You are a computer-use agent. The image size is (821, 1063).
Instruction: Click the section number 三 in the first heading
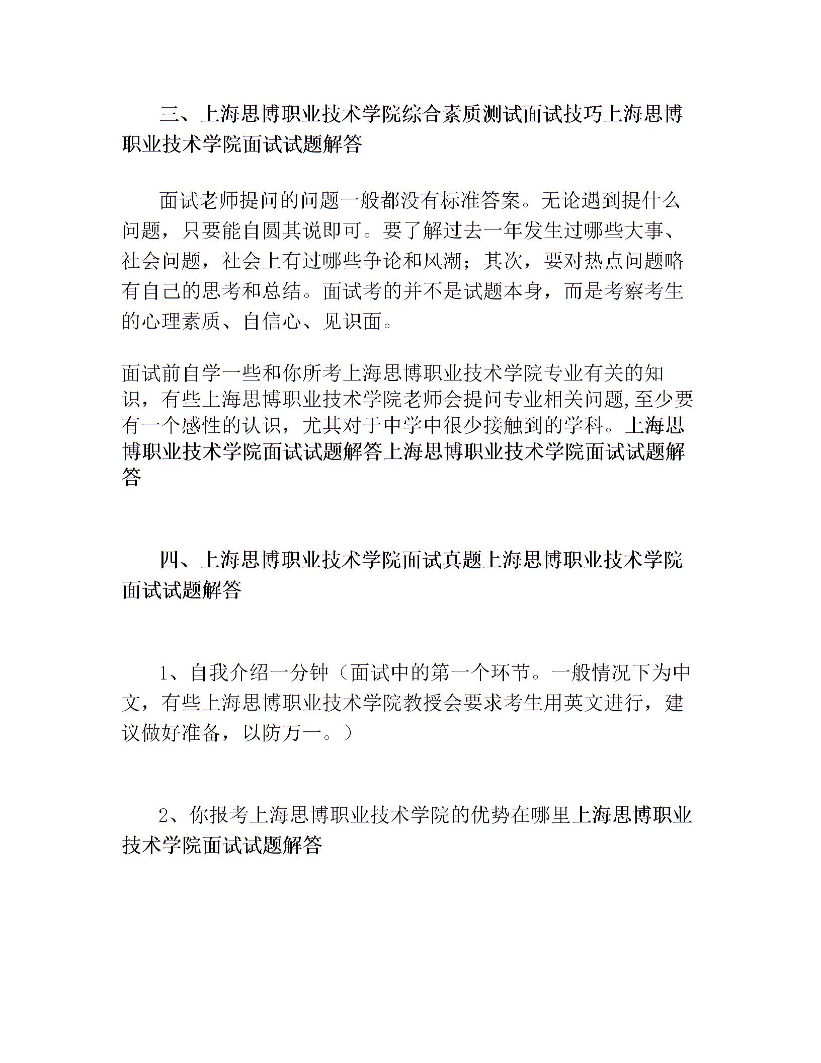[170, 115]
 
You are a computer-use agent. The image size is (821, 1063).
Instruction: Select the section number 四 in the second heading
[170, 560]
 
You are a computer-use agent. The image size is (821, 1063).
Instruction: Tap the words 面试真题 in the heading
[443, 560]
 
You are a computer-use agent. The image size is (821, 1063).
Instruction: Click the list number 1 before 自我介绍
[163, 673]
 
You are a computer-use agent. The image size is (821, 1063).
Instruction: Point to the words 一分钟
[300, 673]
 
